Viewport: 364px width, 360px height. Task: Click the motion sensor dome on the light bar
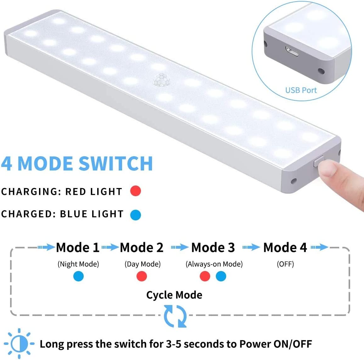[x=162, y=80]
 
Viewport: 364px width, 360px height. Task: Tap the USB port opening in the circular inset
[x=292, y=51]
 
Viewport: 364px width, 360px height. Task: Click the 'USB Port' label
[x=301, y=90]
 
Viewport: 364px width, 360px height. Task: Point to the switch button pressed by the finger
[x=319, y=161]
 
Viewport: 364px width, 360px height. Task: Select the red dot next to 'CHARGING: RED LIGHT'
[x=136, y=191]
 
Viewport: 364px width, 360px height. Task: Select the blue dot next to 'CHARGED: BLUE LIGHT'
[x=136, y=214]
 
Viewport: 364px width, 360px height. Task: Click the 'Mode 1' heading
[x=78, y=247]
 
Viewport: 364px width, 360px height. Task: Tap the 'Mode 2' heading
[x=142, y=247]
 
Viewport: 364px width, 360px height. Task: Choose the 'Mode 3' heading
[x=213, y=247]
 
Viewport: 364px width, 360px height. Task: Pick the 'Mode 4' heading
[x=285, y=247]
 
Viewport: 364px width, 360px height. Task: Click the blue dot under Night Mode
[x=78, y=276]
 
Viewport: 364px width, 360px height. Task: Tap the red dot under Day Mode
[x=142, y=276]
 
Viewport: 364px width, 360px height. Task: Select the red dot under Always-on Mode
[x=205, y=276]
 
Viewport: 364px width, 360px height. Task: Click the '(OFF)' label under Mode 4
[x=285, y=264]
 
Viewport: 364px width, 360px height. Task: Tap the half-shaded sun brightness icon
[x=19, y=344]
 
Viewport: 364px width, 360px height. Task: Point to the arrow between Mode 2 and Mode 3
[x=180, y=247]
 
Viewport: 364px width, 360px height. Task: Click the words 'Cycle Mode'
[x=174, y=295]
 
